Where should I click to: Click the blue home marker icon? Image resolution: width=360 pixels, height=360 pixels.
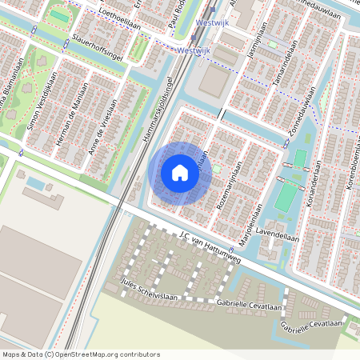coord(180,172)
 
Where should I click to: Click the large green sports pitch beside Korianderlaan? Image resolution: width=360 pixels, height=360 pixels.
coord(284,198)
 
